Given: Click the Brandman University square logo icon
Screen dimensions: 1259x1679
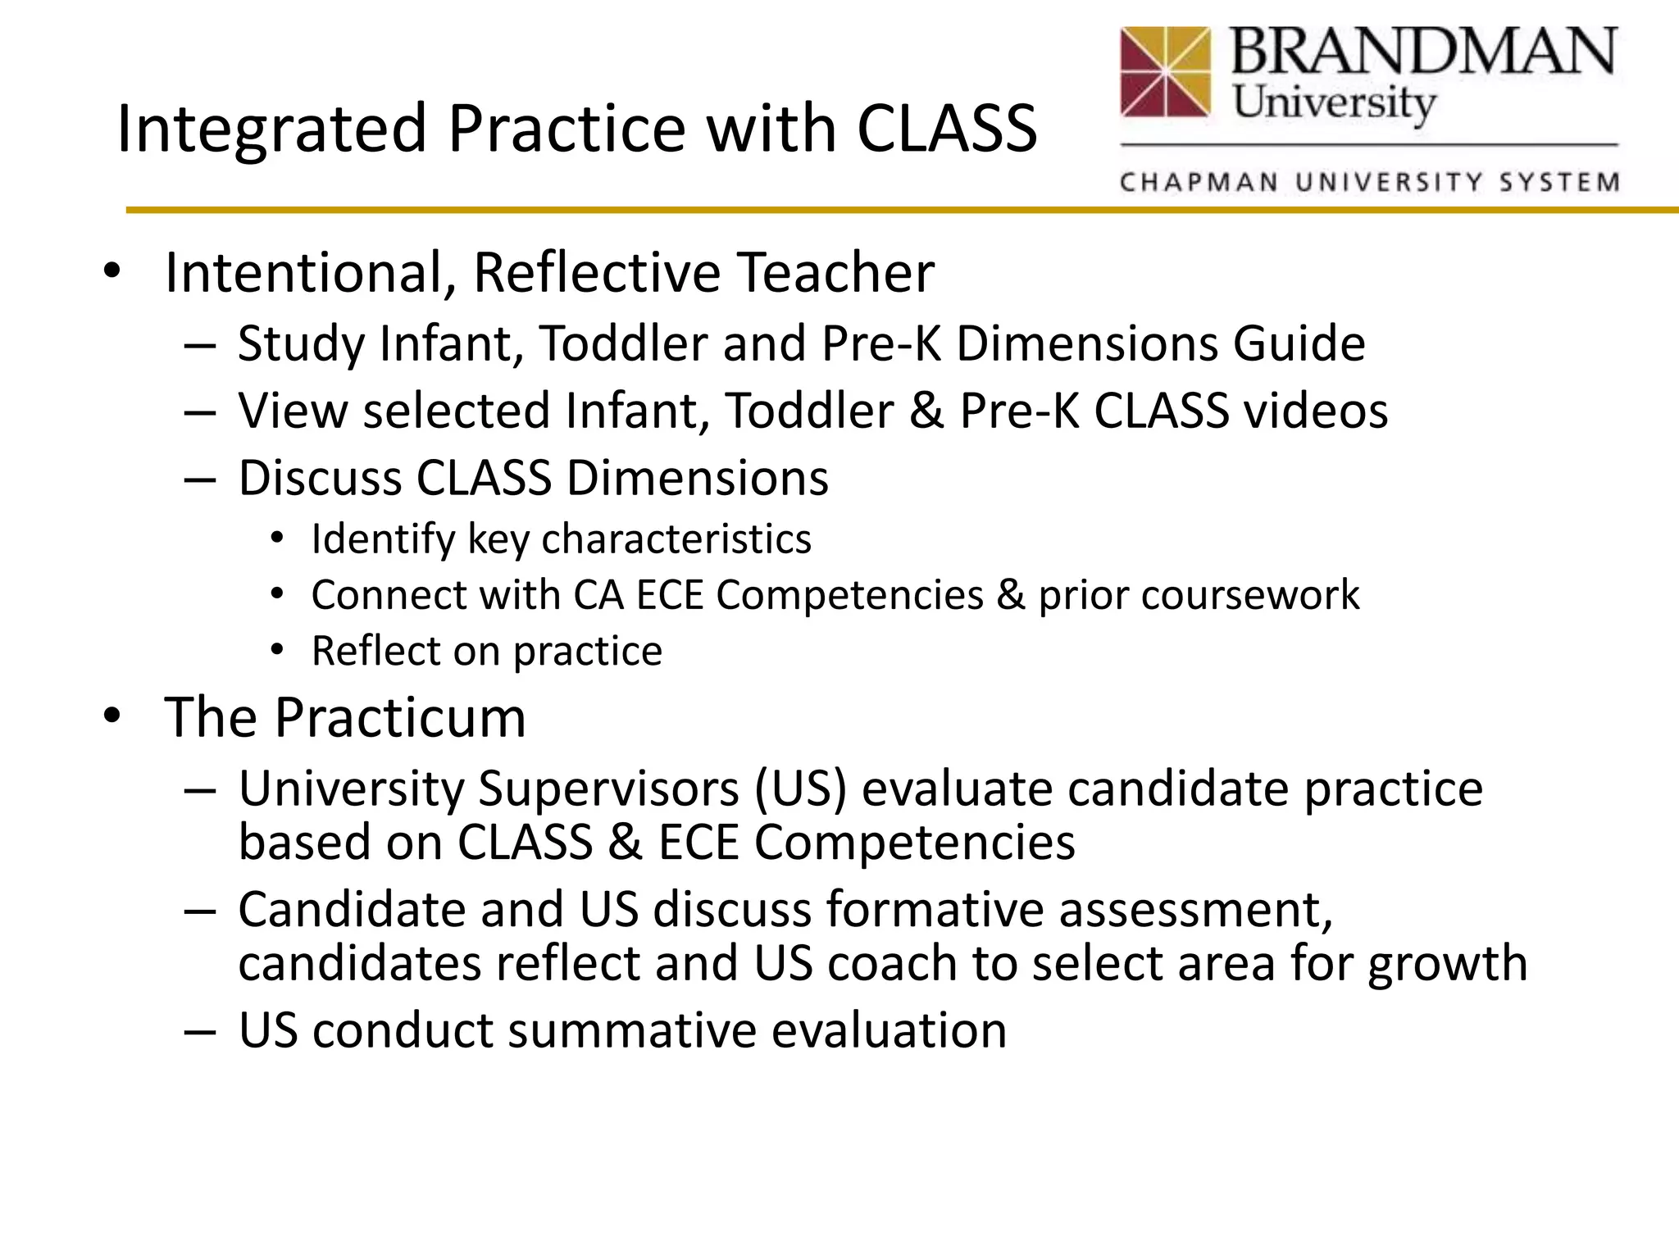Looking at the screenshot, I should tap(1165, 72).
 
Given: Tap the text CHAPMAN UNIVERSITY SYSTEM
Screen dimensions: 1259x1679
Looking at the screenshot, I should tap(1370, 182).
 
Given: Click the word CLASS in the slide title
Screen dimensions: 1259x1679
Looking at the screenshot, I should tap(947, 129).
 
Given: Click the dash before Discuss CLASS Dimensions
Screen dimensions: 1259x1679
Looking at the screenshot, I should tap(199, 479).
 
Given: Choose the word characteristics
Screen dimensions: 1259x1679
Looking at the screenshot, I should tap(676, 539).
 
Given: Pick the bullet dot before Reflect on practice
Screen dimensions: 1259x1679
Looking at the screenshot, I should tap(277, 651).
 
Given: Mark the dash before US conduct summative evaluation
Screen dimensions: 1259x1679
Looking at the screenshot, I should tap(199, 1031).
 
